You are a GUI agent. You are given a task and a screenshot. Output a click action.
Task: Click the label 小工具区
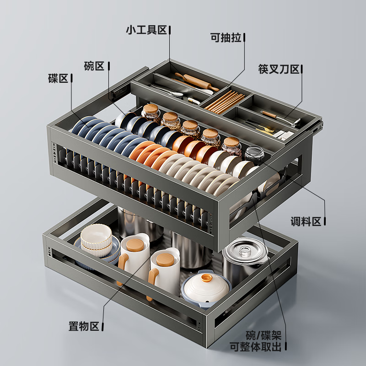146,30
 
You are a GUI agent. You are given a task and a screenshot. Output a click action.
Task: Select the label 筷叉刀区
278,70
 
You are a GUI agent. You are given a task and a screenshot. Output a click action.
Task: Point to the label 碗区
94,66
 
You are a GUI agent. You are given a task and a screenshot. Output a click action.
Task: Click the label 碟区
58,78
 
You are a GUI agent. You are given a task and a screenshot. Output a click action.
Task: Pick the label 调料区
306,222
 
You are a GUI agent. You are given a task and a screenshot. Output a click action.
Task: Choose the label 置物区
84,326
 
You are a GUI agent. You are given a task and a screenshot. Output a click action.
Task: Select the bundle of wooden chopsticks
224,101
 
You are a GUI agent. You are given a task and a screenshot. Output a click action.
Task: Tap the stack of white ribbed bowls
97,240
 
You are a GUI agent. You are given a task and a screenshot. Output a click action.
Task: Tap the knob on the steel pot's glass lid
246,249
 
